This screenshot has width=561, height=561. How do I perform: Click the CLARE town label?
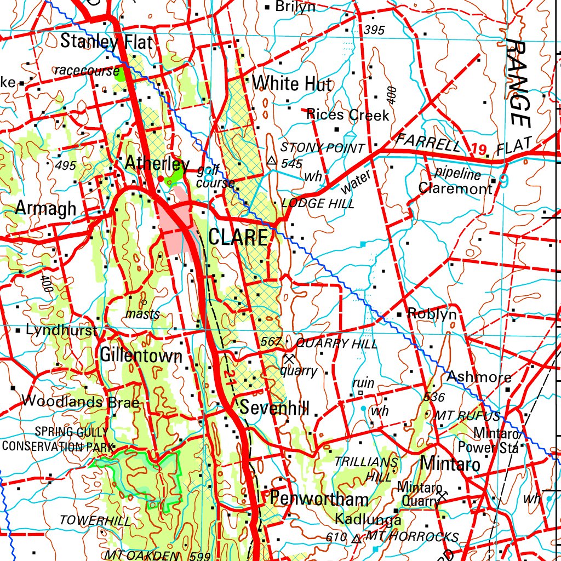[x=238, y=238]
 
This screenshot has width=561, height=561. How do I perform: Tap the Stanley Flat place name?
[x=106, y=42]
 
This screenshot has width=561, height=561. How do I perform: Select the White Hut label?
[x=292, y=84]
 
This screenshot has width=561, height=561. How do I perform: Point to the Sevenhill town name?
[x=274, y=408]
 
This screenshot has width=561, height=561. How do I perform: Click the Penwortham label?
[x=319, y=499]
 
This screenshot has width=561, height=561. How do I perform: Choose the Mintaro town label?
[x=450, y=465]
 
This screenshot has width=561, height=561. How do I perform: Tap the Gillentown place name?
[x=141, y=356]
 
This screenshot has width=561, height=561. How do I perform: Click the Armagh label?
[x=45, y=208]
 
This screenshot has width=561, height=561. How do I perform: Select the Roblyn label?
[x=432, y=314]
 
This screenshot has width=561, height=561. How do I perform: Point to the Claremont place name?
[x=455, y=189]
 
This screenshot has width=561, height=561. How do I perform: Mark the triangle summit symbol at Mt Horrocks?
[x=357, y=539]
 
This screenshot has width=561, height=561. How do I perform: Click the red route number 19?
[x=478, y=148]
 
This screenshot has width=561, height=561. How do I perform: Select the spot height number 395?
[x=374, y=31]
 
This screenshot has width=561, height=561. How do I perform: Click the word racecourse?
[x=87, y=70]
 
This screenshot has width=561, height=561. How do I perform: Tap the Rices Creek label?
[x=348, y=115]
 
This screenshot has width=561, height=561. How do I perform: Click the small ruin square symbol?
[x=360, y=393]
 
